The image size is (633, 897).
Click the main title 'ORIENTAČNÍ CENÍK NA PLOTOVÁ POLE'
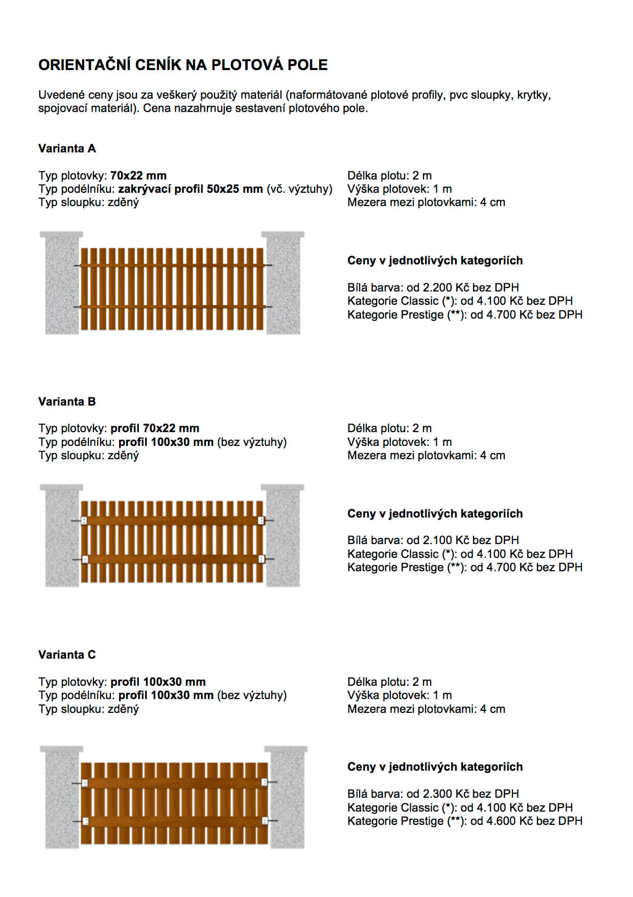point(183,65)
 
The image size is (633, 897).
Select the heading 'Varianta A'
point(67,148)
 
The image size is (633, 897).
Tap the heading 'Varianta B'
point(67,401)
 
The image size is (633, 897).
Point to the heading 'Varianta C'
point(67,655)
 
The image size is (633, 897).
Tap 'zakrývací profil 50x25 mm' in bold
point(190,189)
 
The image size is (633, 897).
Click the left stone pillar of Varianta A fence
point(62,286)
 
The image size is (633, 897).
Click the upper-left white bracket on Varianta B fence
point(84,521)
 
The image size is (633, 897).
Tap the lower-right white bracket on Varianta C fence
point(265,821)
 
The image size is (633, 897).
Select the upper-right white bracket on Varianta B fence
point(261,521)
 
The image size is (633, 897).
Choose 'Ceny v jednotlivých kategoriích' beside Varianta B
point(435,513)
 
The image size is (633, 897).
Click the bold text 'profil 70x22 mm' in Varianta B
point(155,428)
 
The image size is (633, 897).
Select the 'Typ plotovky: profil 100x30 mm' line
point(122,682)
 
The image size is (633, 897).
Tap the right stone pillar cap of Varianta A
point(283,235)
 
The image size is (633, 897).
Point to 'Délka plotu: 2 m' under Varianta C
point(389,682)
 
